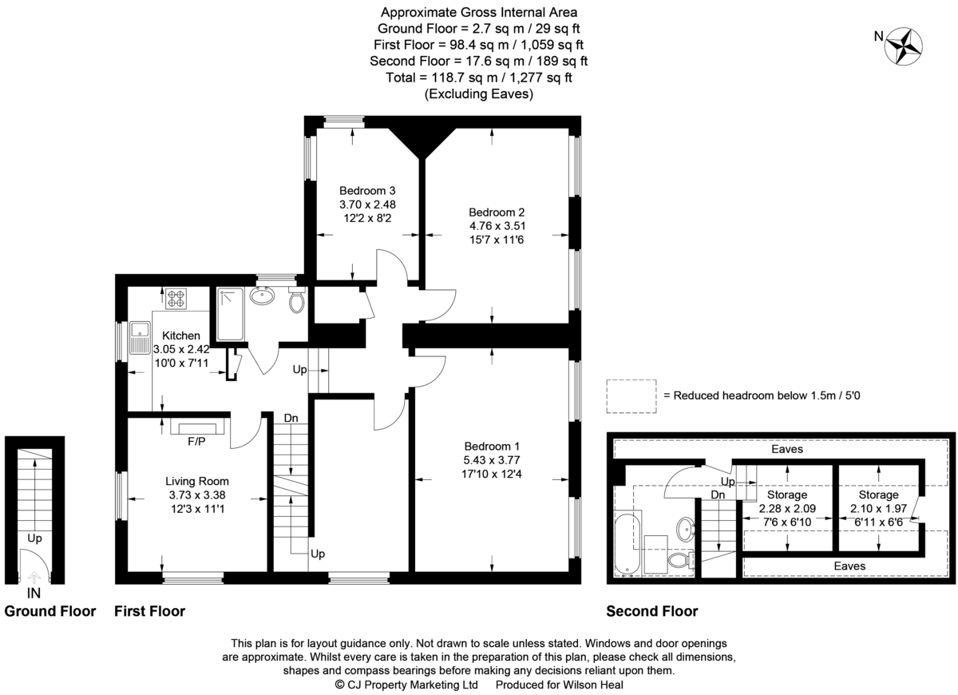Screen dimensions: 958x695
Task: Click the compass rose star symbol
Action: pyautogui.click(x=903, y=46)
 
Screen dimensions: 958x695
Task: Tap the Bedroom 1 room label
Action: pyautogui.click(x=492, y=447)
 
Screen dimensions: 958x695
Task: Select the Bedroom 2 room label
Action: pyautogui.click(x=497, y=212)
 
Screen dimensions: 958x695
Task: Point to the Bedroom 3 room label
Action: pyautogui.click(x=367, y=190)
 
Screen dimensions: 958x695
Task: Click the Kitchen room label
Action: pyautogui.click(x=181, y=336)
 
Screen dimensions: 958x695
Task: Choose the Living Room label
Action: pyautogui.click(x=197, y=482)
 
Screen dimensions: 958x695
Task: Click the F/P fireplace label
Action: pyautogui.click(x=196, y=441)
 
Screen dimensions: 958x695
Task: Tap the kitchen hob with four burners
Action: pyautogui.click(x=176, y=299)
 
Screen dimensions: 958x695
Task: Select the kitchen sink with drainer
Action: pyautogui.click(x=140, y=338)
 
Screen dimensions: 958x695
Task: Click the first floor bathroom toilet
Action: pyautogui.click(x=297, y=300)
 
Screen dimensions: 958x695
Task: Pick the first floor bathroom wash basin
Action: pyautogui.click(x=262, y=296)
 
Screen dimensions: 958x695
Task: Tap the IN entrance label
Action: pyautogui.click(x=34, y=593)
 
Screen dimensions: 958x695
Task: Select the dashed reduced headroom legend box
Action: pyautogui.click(x=631, y=396)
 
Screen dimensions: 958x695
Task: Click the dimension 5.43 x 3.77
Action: pyautogui.click(x=492, y=460)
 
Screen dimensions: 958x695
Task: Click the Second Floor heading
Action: pyautogui.click(x=651, y=611)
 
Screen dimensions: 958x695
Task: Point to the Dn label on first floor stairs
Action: pyautogui.click(x=291, y=418)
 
